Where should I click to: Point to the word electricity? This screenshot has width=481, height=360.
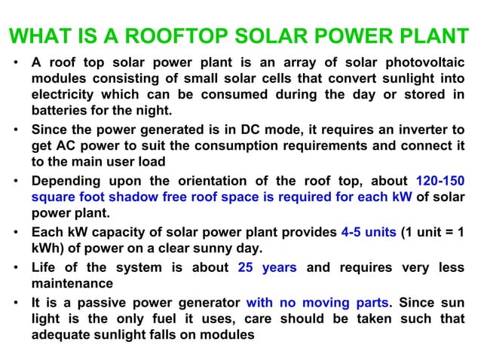[65, 95]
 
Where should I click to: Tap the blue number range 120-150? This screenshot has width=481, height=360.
[440, 182]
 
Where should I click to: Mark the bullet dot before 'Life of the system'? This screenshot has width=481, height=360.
[17, 268]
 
